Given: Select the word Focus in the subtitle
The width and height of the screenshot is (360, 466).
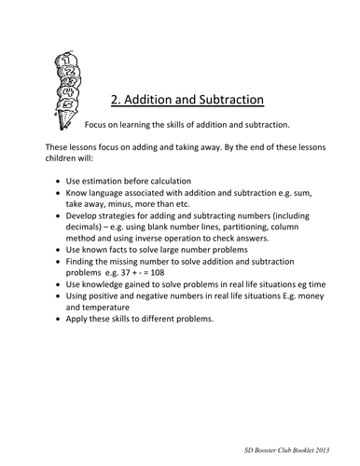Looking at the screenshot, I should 98,124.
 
